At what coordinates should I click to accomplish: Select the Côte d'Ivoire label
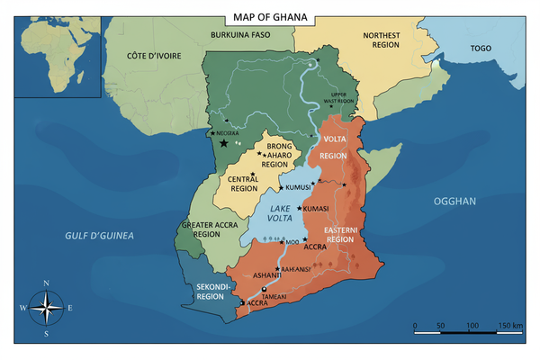tap(154, 56)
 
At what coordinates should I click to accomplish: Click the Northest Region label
tap(381, 40)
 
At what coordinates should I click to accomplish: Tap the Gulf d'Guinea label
tap(99, 235)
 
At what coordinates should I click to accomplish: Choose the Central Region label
tap(243, 183)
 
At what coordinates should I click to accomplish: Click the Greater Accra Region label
tap(201, 229)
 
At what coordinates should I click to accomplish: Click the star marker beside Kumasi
tap(299, 208)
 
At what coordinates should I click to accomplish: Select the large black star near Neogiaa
tap(223, 142)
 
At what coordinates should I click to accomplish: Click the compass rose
tap(46, 308)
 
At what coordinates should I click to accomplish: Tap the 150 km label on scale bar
tap(510, 323)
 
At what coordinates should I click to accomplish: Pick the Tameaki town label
tap(274, 294)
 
